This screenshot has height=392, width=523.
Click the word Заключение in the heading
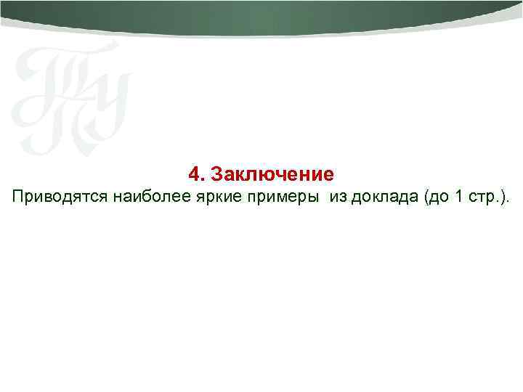(x=272, y=175)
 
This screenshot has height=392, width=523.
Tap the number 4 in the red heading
(x=193, y=175)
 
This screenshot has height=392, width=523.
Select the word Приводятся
(x=57, y=197)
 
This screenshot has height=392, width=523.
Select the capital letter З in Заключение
(x=216, y=175)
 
